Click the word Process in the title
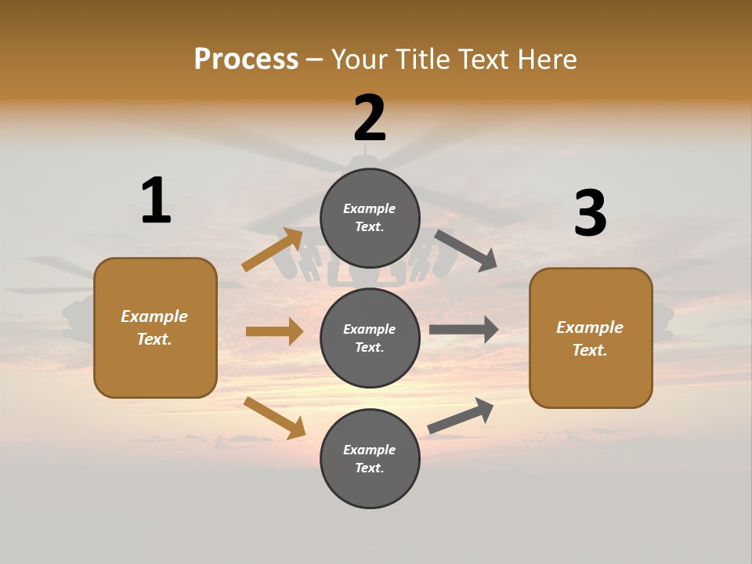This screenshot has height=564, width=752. click(x=246, y=60)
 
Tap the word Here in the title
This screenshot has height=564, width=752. click(x=546, y=60)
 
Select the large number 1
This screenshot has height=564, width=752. click(x=156, y=201)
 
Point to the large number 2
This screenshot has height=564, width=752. click(x=370, y=118)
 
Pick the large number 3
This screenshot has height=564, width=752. click(x=590, y=214)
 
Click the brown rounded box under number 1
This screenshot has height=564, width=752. click(x=155, y=327)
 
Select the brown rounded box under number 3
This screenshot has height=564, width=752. click(x=591, y=338)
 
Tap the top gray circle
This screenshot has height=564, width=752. click(x=370, y=218)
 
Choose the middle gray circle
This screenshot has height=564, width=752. click(x=370, y=338)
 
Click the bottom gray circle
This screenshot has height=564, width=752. click(x=370, y=458)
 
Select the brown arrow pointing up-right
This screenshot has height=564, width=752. click(x=273, y=250)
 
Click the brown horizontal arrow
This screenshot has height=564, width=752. click(x=274, y=331)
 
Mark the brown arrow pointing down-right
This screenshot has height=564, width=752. click(x=274, y=418)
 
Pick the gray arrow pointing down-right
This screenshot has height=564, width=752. click(x=466, y=250)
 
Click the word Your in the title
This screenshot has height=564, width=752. click(x=360, y=60)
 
